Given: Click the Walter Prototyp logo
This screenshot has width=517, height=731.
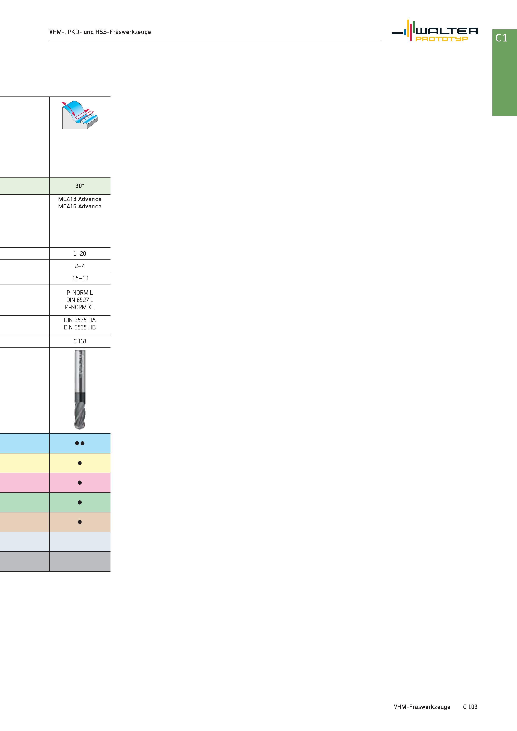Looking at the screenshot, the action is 434,31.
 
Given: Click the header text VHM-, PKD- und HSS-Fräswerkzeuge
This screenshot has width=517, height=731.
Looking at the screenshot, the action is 100,32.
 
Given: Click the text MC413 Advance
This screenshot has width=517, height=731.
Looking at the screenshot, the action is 80,199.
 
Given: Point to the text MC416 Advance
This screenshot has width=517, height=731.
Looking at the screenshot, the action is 80,206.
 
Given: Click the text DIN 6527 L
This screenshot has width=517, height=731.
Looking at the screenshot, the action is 80,300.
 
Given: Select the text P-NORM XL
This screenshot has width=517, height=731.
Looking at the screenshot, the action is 80,307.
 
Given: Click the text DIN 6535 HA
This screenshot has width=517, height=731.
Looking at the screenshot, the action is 80,320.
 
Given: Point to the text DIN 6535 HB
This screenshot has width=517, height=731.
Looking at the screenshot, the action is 80,327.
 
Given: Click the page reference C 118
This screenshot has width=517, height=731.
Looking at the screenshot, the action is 80,341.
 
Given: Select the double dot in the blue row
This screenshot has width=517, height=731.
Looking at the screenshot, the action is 80,443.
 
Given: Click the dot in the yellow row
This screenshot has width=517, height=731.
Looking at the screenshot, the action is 80,463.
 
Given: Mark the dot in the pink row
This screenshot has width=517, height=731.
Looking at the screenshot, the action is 80,483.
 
